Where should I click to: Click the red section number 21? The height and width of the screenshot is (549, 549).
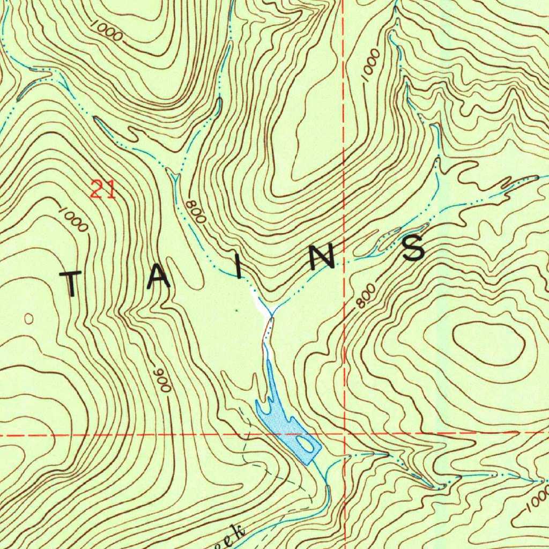point(103,189)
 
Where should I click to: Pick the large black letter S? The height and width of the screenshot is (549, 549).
point(414,248)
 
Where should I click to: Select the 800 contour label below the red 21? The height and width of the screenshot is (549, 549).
point(196,212)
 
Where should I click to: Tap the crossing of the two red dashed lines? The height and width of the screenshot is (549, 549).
point(344,433)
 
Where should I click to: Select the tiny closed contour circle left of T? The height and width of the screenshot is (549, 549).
point(29,319)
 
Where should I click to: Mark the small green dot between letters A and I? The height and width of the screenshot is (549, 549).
point(236,310)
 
